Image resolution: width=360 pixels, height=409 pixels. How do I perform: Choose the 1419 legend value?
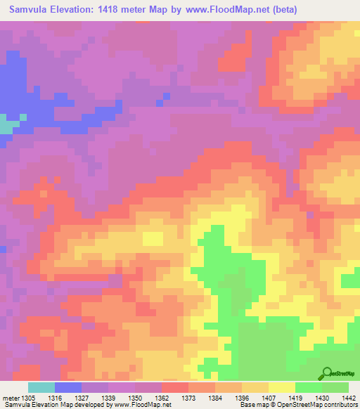294,398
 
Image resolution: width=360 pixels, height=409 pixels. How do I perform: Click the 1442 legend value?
347,398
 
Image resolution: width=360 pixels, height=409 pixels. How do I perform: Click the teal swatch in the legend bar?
41,387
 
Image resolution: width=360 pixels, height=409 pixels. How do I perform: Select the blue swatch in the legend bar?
68,387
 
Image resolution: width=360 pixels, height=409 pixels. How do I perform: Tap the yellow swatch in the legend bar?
281,387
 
